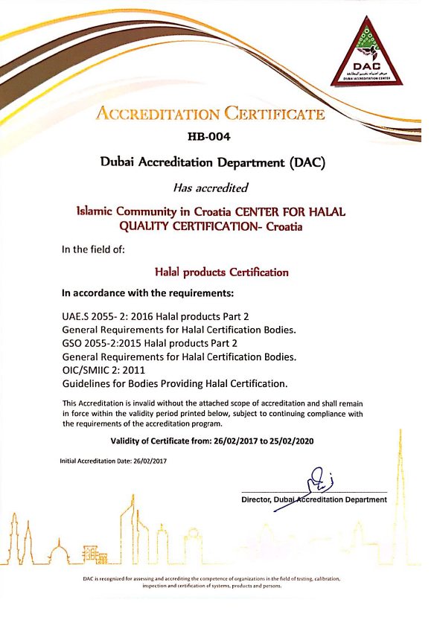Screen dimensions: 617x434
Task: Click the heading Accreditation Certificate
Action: point(211,114)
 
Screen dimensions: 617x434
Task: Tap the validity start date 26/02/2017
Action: point(243,441)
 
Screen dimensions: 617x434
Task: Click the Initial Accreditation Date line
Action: point(112,461)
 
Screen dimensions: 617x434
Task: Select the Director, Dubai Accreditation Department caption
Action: point(313,499)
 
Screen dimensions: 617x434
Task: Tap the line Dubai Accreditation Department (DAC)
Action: point(213,162)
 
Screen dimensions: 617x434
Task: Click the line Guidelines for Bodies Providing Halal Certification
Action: point(174,383)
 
